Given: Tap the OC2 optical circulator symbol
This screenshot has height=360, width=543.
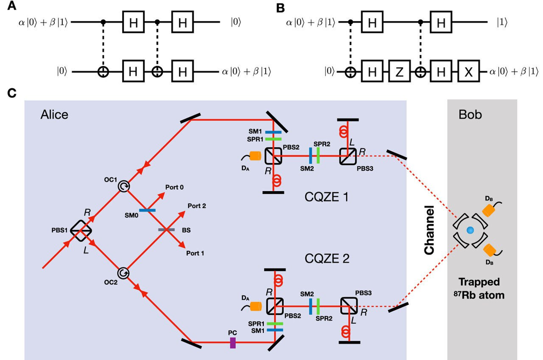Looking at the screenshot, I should pyautogui.click(x=123, y=273).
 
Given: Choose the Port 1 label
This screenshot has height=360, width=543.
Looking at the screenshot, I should pyautogui.click(x=195, y=254).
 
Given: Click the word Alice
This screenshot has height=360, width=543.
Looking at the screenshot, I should pyautogui.click(x=54, y=115).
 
